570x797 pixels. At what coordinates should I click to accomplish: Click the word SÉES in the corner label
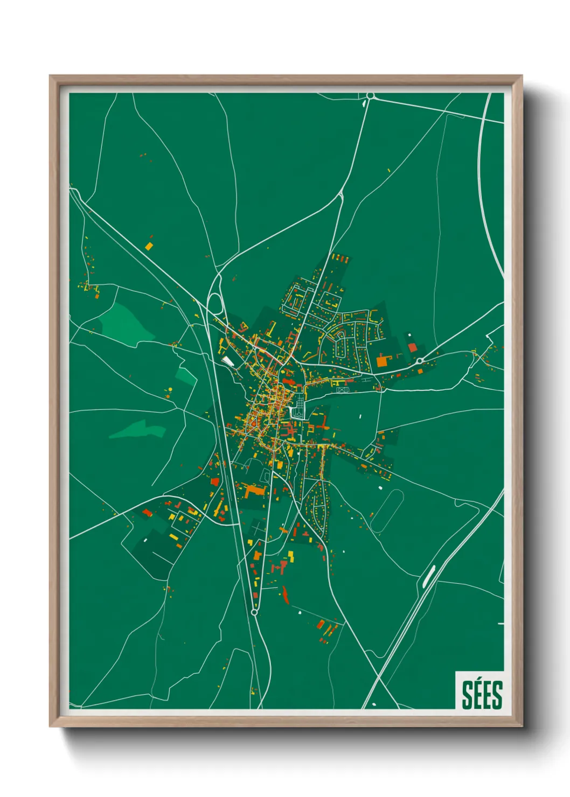(x=482, y=694)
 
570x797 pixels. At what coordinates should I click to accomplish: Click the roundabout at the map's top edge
(x=370, y=96)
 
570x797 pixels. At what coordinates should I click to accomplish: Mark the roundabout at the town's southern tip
(x=254, y=612)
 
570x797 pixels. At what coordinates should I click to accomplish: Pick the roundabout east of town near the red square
(x=420, y=361)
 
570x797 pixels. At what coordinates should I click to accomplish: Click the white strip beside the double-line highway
(x=429, y=576)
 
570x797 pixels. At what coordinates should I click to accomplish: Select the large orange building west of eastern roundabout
(x=382, y=360)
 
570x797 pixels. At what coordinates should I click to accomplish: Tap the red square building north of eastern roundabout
(x=412, y=347)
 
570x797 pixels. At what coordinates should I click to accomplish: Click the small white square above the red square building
(x=409, y=335)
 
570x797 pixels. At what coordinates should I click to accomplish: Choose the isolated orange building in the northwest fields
(x=149, y=246)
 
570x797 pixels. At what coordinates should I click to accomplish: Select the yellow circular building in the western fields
(x=169, y=389)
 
